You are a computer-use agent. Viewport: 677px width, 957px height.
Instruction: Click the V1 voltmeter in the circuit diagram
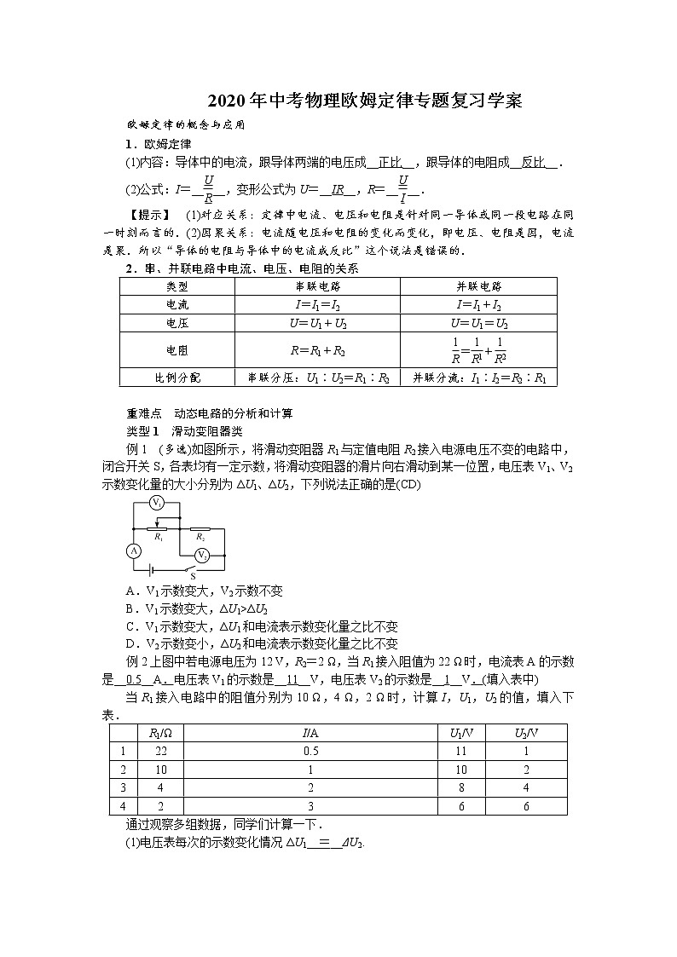pos(157,504)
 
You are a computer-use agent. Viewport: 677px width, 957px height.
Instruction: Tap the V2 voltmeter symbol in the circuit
pos(202,555)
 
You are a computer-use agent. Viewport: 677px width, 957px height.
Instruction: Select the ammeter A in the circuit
pos(133,551)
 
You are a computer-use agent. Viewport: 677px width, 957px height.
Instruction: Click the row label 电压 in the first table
pos(177,324)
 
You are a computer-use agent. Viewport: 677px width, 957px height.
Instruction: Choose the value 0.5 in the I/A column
pos(310,751)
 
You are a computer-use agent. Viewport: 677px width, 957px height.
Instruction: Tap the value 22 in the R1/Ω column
pos(160,751)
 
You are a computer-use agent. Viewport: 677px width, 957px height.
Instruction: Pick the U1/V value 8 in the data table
pos(461,787)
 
